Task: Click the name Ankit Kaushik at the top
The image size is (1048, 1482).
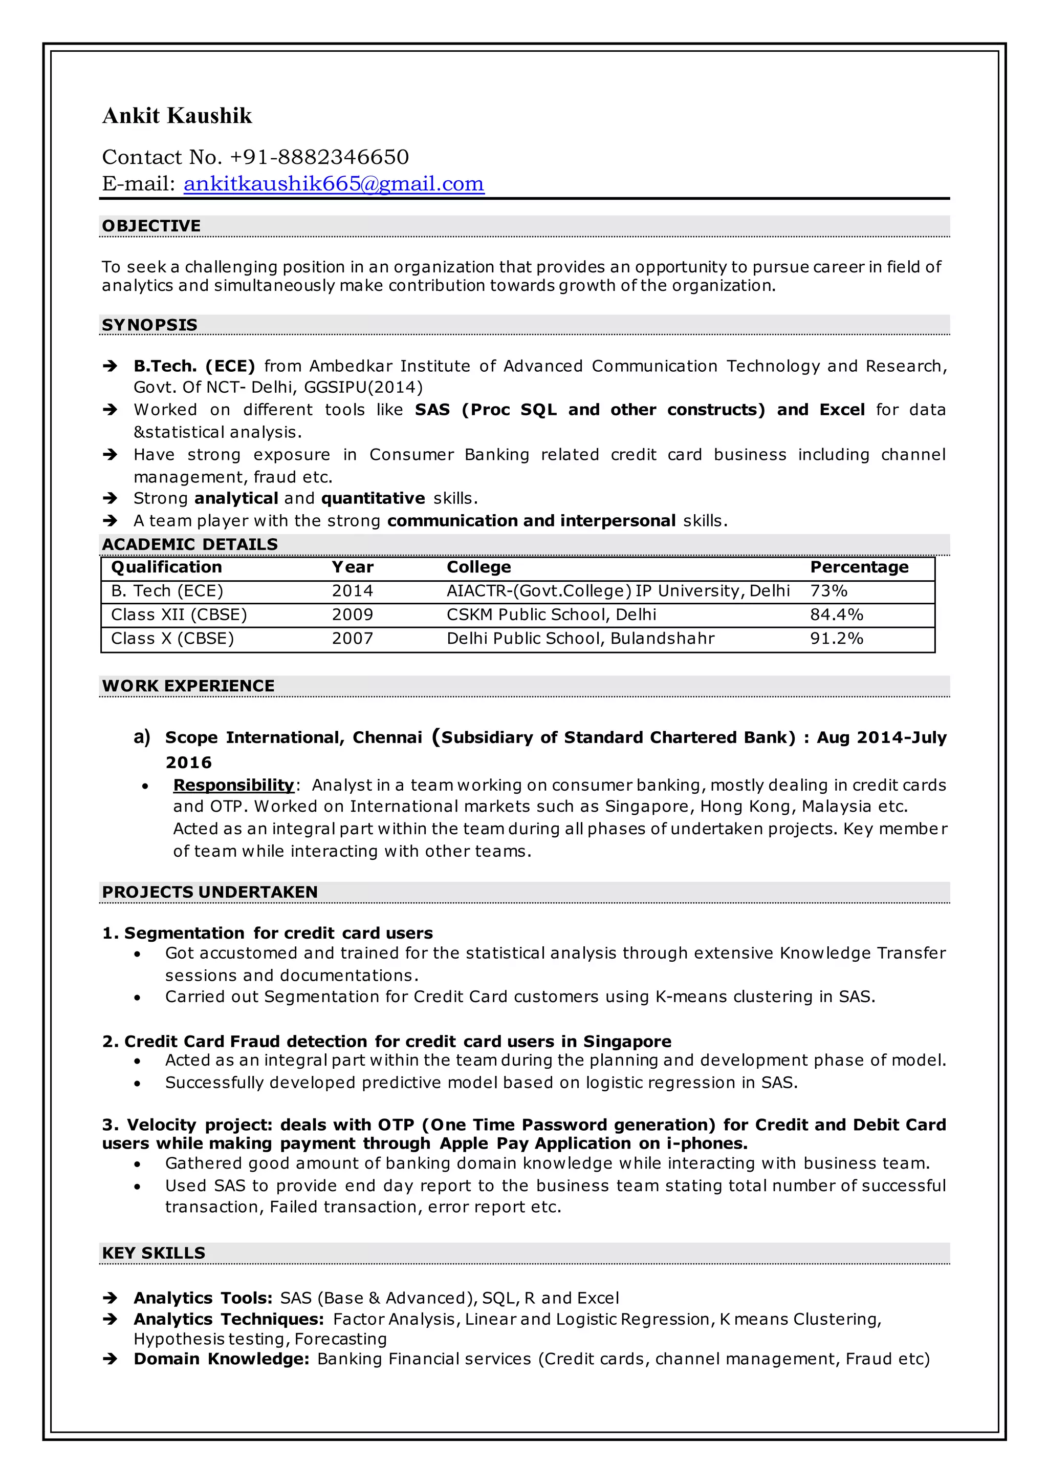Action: (177, 116)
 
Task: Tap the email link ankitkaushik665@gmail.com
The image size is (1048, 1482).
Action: (334, 184)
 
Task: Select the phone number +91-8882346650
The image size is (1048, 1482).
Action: (319, 157)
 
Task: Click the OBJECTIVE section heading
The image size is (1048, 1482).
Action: (151, 226)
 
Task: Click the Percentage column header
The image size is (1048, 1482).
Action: (859, 567)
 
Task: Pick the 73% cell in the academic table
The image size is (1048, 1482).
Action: (828, 591)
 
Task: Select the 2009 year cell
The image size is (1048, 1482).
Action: (353, 615)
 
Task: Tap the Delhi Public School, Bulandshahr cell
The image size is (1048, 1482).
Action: (580, 639)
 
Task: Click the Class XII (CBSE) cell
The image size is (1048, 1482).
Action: (179, 615)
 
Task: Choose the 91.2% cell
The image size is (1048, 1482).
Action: (836, 639)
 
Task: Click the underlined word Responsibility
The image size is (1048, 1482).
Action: (234, 785)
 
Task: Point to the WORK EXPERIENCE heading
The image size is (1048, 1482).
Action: (188, 686)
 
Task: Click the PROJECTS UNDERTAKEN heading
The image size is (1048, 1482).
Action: (210, 892)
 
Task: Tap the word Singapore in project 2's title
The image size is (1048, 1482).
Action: (627, 1042)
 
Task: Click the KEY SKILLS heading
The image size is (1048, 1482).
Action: (154, 1253)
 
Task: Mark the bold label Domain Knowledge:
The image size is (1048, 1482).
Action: (222, 1359)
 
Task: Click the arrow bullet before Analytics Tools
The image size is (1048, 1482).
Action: (111, 1298)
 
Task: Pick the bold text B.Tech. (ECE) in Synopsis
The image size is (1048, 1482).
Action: (194, 366)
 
